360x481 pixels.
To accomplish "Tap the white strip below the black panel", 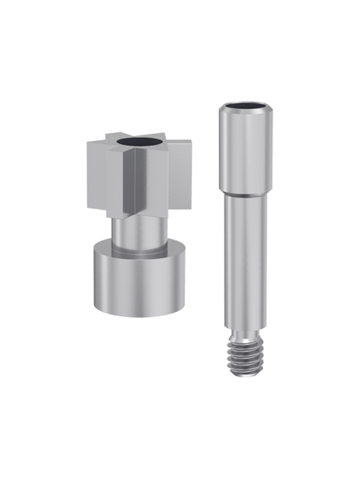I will click(x=180, y=450).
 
